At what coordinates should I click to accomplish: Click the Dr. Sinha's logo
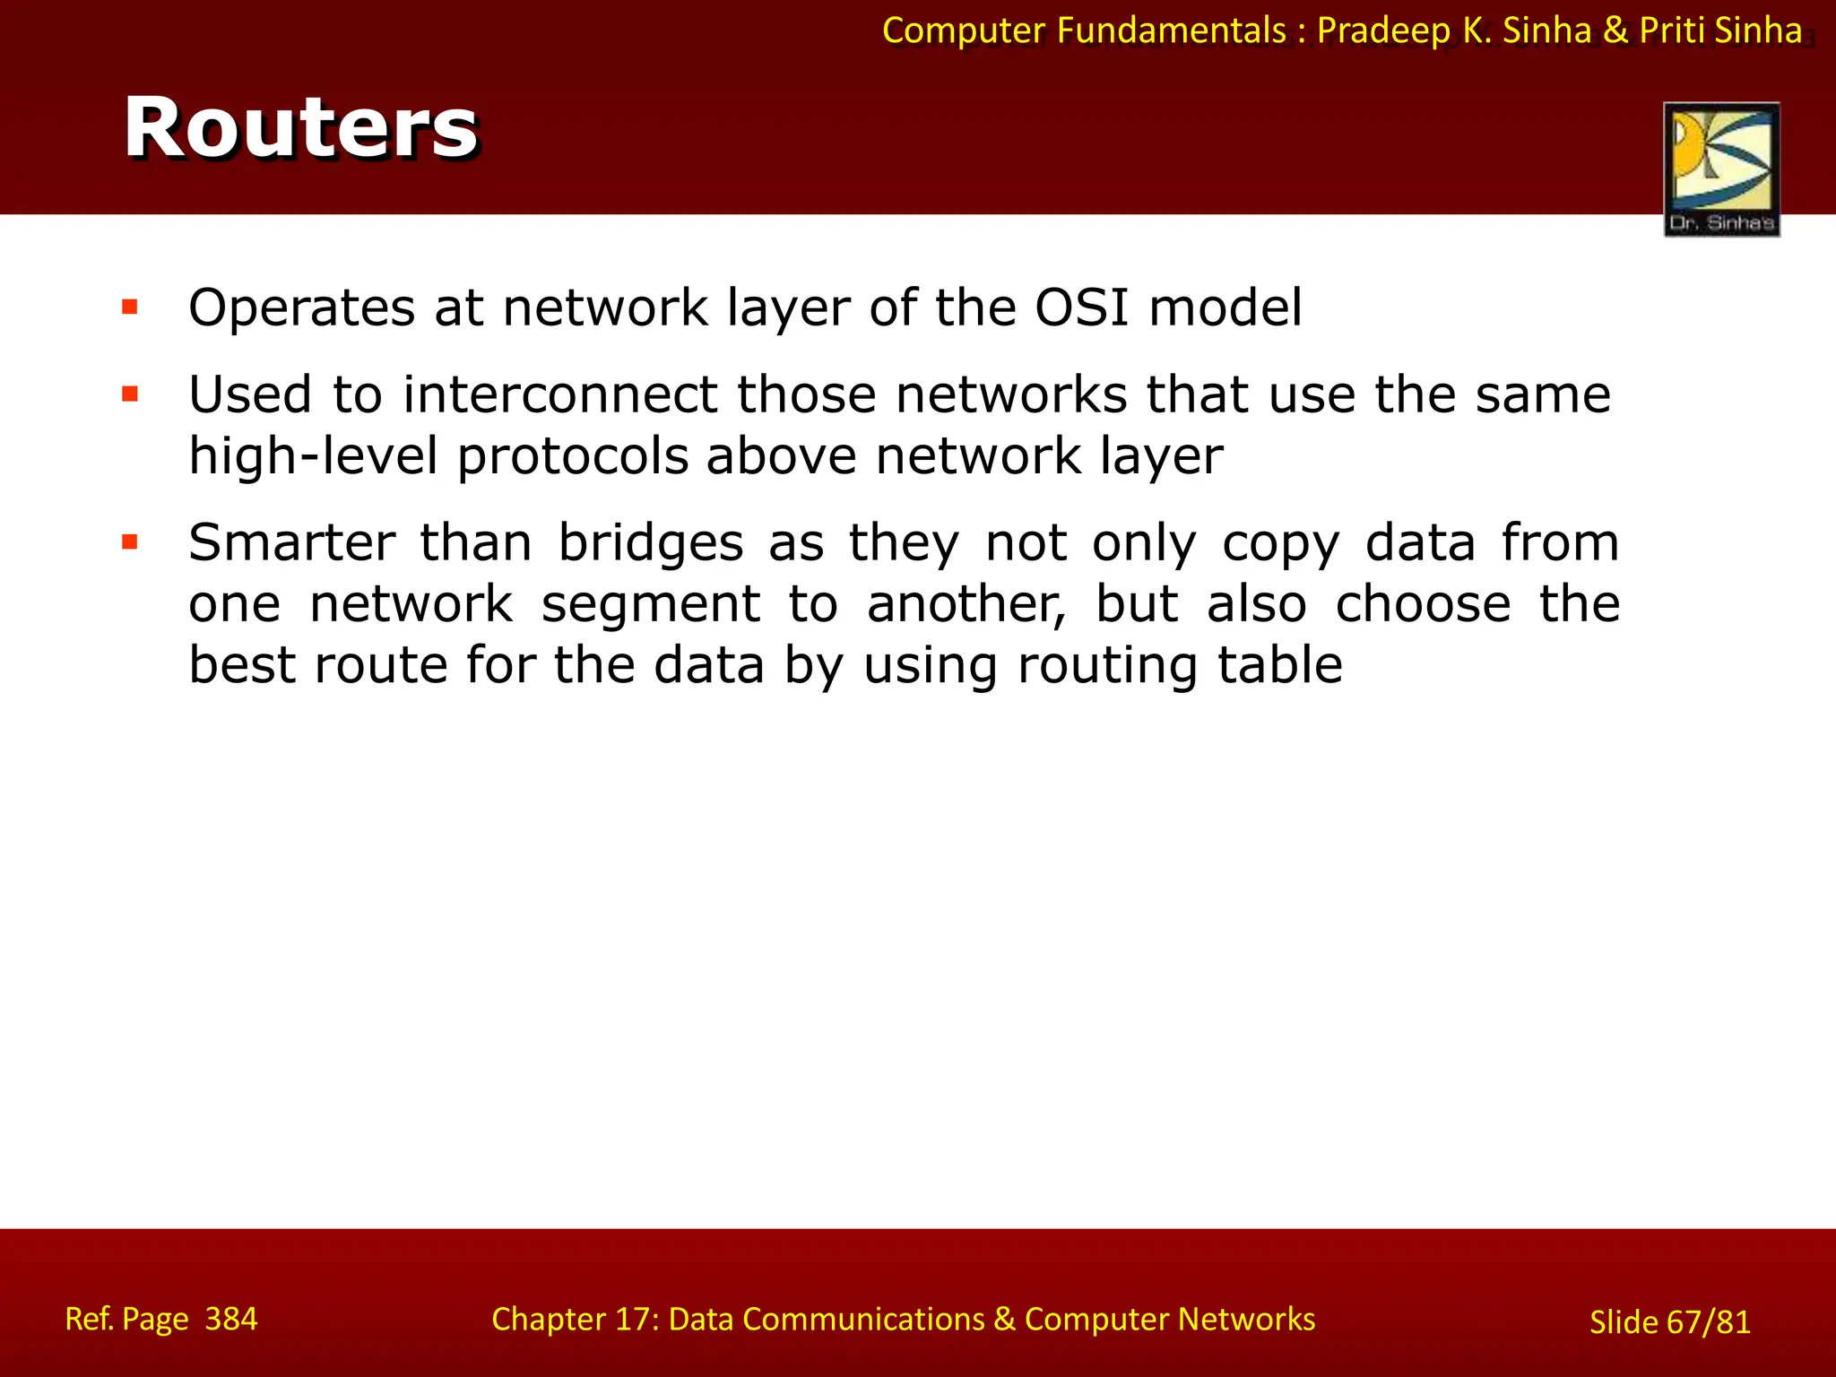[x=1721, y=169]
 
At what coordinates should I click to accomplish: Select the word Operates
[x=302, y=309]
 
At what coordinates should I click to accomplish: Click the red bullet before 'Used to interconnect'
[x=130, y=394]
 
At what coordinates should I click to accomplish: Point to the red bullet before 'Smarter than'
[x=130, y=541]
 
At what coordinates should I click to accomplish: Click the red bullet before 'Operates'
[x=130, y=307]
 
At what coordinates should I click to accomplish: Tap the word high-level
[x=313, y=456]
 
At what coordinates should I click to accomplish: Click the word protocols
[x=572, y=456]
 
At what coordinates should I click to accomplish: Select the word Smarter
[x=292, y=542]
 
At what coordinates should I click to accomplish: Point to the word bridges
[x=651, y=543]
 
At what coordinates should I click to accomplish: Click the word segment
[x=651, y=603]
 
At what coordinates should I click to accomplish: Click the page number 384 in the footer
[x=231, y=1319]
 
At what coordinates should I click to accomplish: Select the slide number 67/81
[x=1709, y=1322]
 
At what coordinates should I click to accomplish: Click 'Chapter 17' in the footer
[x=574, y=1319]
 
